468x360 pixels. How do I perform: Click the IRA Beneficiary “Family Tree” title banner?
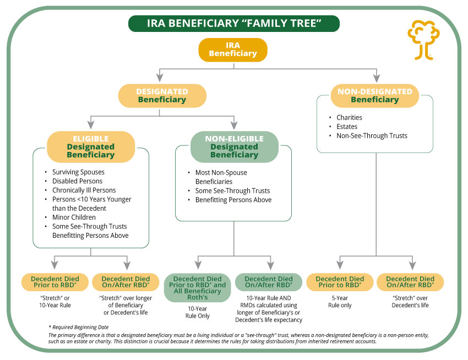pyautogui.click(x=233, y=23)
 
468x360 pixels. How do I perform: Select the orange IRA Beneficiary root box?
pyautogui.click(x=233, y=49)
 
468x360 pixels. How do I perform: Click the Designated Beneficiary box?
pyautogui.click(x=162, y=95)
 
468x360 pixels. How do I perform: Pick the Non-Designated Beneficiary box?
pyautogui.click(x=374, y=95)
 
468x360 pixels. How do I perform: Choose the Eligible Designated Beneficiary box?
pyautogui.click(x=91, y=146)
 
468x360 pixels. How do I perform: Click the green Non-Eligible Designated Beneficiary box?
pyautogui.click(x=234, y=146)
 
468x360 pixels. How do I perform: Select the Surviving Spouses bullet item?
pyautogui.click(x=78, y=172)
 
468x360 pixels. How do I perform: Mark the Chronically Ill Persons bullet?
pyautogui.click(x=84, y=190)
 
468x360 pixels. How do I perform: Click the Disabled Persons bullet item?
pyautogui.click(x=77, y=181)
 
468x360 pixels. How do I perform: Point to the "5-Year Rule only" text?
pyautogui.click(x=339, y=301)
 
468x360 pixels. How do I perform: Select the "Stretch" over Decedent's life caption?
pyautogui.click(x=410, y=301)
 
